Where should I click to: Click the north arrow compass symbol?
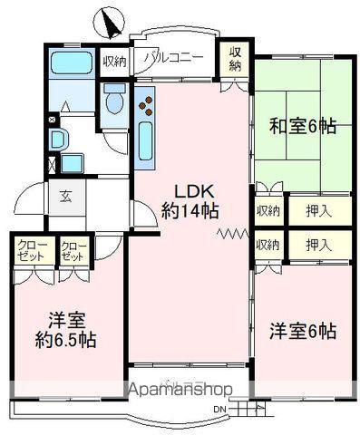pos(109,23)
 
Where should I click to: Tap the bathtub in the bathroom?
pos(71,63)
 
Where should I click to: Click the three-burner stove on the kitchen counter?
pos(146,105)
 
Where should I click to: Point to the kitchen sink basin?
pos(146,142)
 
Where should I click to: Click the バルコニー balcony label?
pos(173,58)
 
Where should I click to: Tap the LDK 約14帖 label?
pos(190,201)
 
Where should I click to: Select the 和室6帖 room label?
pos(303,126)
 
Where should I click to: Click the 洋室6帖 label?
pos(303,331)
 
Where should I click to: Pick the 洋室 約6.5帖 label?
pos(66,330)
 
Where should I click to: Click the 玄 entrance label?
pos(66,198)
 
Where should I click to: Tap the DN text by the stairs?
pos(219,410)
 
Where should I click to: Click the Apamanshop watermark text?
pos(180,390)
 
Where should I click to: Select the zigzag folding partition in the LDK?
pos(233,233)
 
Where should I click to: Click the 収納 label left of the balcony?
pos(115,63)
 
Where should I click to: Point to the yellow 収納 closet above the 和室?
pos(235,60)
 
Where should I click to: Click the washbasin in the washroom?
pos(58,140)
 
